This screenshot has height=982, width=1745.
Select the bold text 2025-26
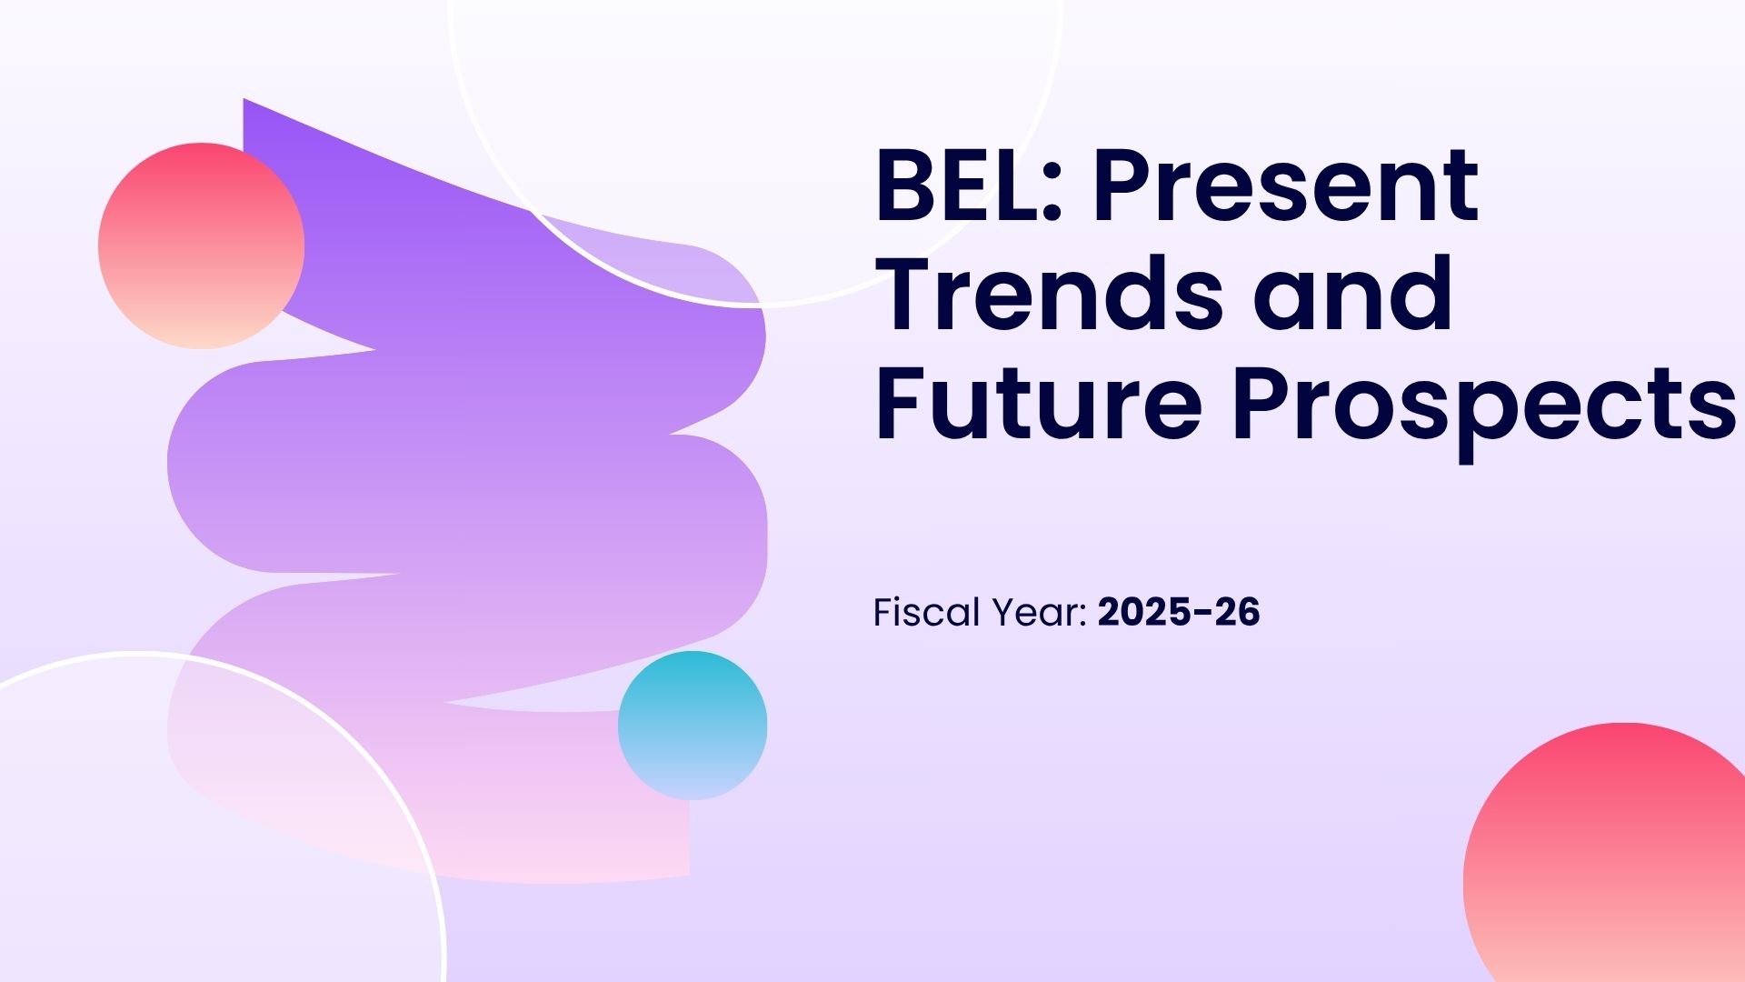point(1179,613)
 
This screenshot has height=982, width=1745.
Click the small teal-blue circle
point(693,726)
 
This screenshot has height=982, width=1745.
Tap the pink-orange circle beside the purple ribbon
point(201,245)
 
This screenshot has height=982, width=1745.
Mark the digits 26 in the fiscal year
point(1237,613)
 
